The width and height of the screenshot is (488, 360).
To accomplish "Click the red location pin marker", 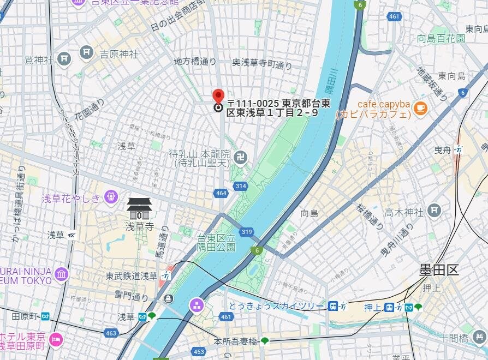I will click(218, 97).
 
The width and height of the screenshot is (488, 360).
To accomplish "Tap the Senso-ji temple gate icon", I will click(139, 208).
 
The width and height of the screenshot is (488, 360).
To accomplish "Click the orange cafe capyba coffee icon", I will click(420, 107).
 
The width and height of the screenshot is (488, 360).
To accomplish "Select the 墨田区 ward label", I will click(439, 269).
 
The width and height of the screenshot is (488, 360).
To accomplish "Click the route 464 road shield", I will click(221, 193).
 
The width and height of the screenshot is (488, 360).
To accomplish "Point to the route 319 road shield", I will click(247, 232).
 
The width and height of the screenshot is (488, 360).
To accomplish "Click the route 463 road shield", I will click(111, 332).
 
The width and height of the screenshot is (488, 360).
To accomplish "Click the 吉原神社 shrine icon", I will click(87, 52).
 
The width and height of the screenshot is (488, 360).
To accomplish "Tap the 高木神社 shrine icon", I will click(434, 209).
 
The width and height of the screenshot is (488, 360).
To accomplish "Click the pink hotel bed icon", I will click(56, 340).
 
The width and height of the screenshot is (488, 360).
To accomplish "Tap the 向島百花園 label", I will click(441, 38).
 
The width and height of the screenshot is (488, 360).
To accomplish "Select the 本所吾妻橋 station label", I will click(235, 341).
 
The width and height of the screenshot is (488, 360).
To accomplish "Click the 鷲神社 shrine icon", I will click(64, 58).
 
